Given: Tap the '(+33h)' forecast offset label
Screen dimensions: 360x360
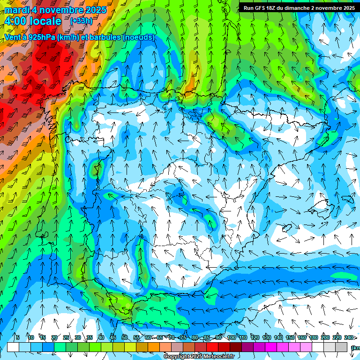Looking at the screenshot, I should (81, 21).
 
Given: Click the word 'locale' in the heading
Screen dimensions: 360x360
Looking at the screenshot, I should (45, 21).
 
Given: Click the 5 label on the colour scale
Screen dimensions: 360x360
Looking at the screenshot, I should (18, 337).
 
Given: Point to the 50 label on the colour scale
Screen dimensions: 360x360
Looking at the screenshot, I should (124, 337).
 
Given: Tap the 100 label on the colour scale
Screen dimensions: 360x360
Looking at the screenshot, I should (231, 337).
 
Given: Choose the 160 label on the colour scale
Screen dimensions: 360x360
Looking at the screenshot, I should (302, 337).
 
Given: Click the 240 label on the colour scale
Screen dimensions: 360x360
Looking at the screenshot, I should (349, 337).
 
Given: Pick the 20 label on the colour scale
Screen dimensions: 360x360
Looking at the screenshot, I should (54, 337).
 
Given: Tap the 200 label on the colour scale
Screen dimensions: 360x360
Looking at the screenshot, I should (325, 337).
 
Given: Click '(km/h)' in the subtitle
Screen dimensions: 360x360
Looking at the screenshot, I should (70, 37).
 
